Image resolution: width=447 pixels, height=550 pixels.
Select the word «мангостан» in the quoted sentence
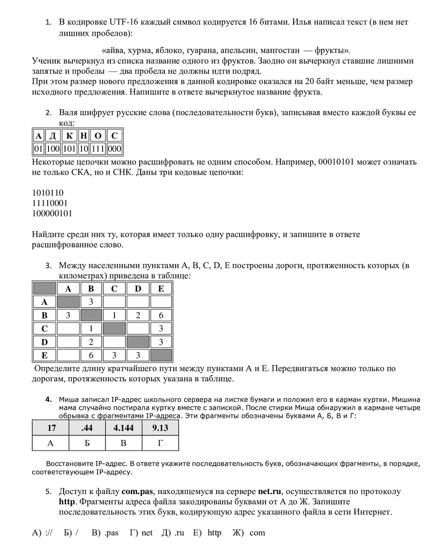pos(280,50)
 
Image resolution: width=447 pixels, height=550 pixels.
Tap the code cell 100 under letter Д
pos(54,149)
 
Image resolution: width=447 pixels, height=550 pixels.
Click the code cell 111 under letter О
pos(98,149)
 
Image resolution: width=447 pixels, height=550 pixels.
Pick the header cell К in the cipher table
pos(69,136)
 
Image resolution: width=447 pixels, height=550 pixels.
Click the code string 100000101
pos(52,213)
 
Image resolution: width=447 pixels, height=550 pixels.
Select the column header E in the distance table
pos(161,288)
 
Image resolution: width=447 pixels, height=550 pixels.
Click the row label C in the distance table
pos(44,329)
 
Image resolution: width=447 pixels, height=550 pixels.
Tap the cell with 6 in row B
pos(161,315)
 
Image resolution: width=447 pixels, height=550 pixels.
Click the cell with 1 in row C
pos(92,329)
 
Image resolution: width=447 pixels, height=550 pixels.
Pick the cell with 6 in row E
pos(92,355)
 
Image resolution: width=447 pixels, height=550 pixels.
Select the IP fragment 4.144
pos(124,428)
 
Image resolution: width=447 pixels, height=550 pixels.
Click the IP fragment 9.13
pos(160,428)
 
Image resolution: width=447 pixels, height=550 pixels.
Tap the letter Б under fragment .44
pos(87,443)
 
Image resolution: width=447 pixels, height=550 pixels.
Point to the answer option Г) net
pos(141,533)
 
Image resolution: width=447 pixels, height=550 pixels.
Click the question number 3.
pos(48,266)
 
